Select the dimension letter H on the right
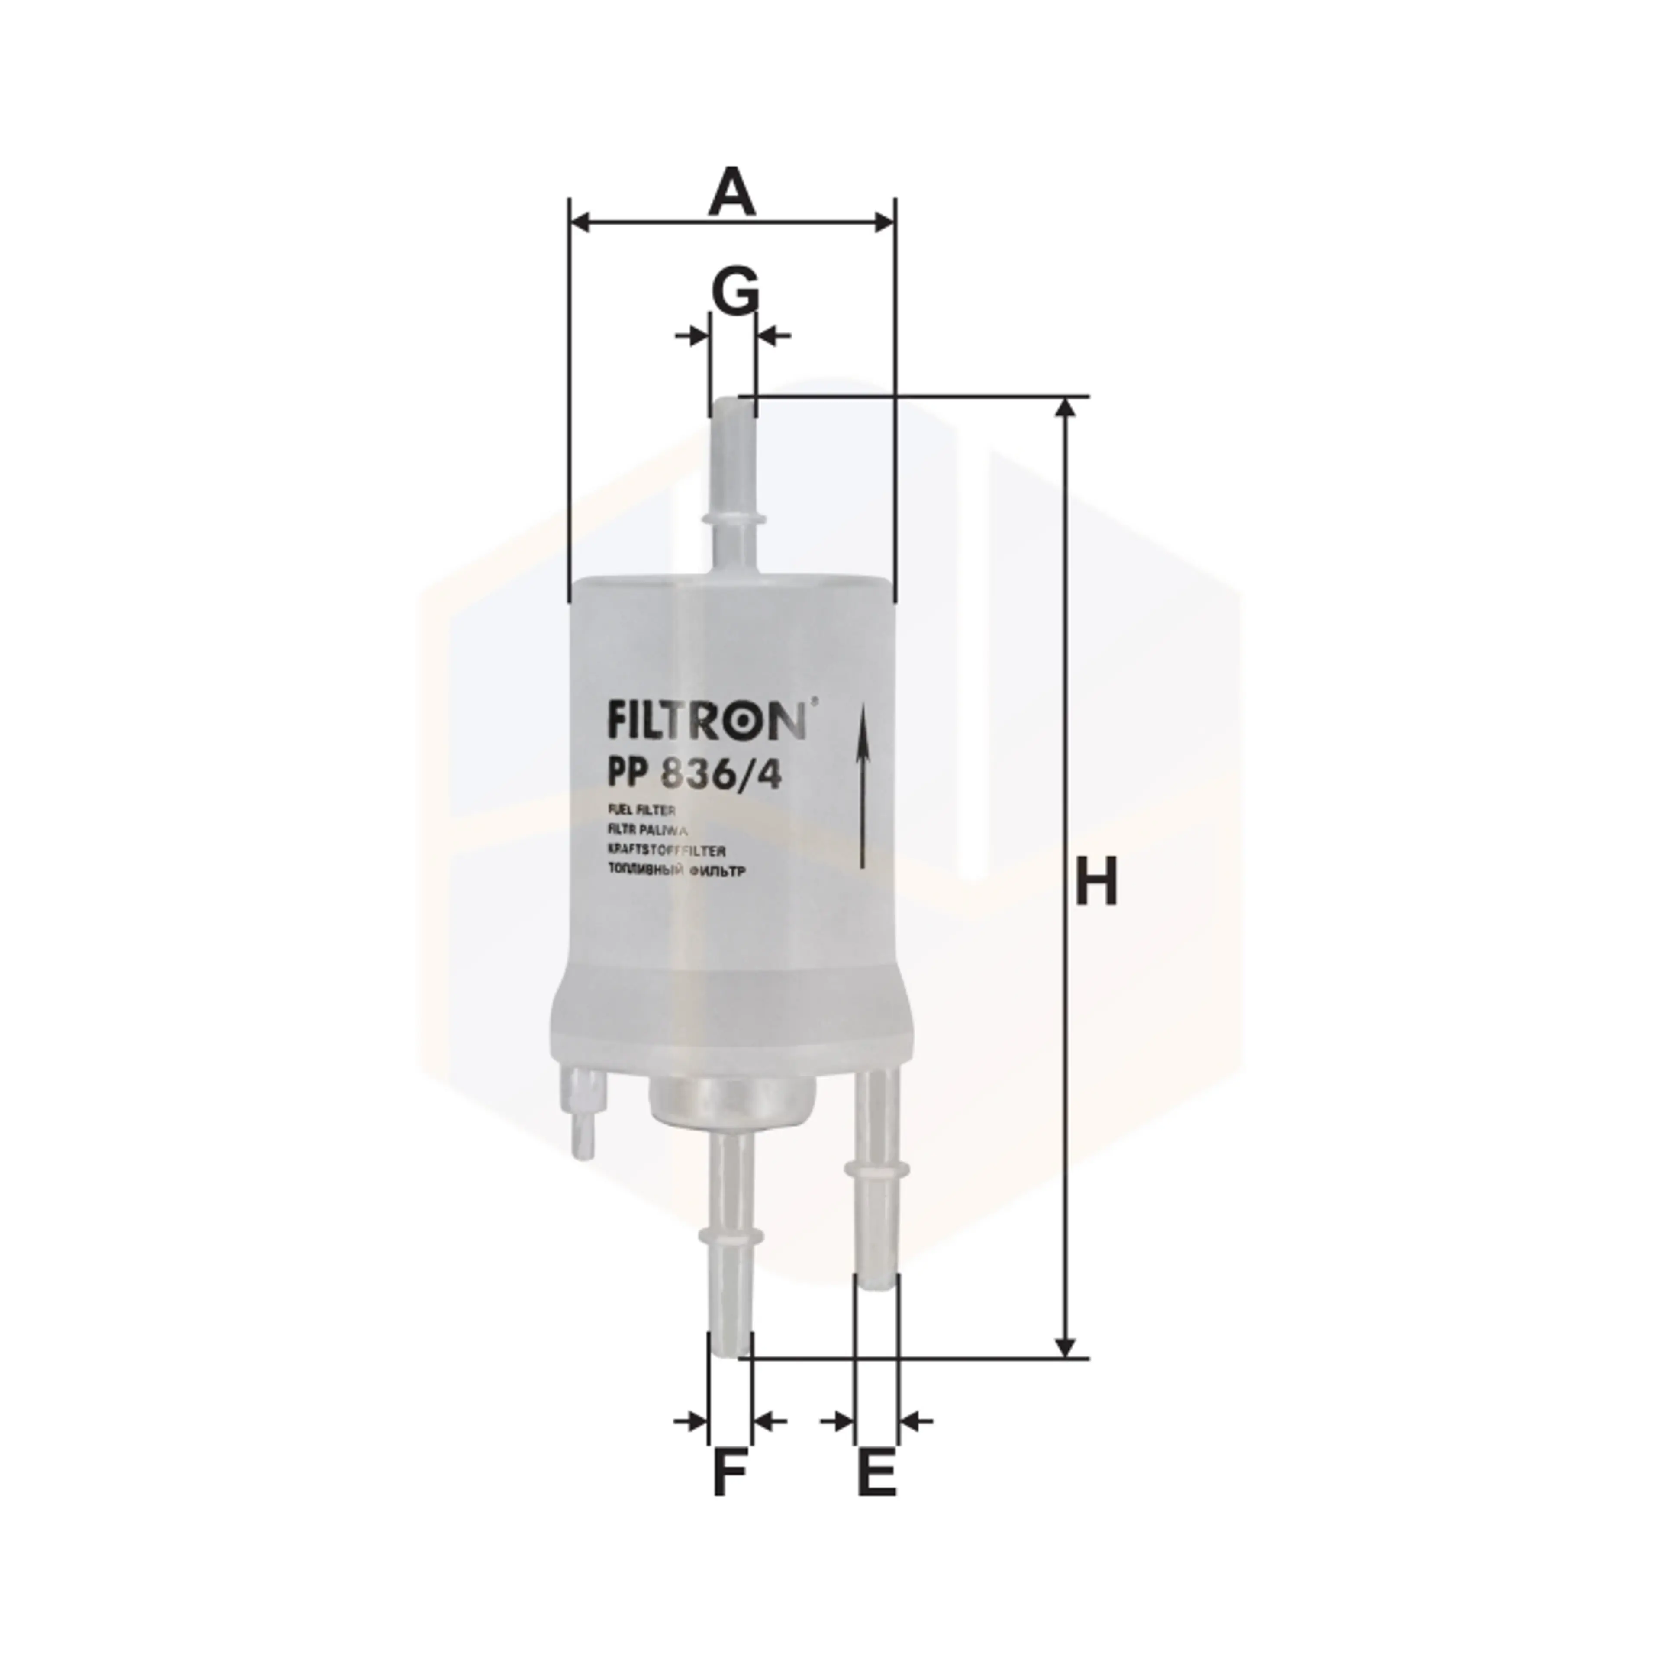tap(1096, 882)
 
